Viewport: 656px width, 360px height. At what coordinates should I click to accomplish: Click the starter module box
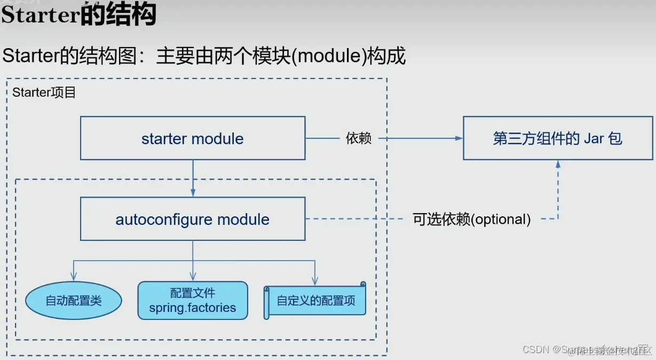pos(193,138)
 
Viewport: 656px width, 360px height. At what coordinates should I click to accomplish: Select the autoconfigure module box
pos(193,219)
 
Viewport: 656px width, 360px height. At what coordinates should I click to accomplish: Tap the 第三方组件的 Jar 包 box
pos(558,139)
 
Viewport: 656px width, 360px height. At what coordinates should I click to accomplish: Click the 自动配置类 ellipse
pos(74,301)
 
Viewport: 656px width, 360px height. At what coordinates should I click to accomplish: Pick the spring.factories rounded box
pos(193,301)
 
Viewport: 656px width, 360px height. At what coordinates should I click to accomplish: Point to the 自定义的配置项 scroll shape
pos(315,301)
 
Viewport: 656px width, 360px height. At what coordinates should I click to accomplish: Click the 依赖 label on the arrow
pos(359,139)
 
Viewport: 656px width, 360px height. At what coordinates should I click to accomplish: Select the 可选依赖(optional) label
pos(472,219)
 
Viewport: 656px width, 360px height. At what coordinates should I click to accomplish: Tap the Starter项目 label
pos(44,92)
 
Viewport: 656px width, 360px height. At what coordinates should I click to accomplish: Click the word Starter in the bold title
pos(41,15)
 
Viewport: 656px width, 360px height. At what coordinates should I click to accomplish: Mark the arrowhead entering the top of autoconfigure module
pos(193,193)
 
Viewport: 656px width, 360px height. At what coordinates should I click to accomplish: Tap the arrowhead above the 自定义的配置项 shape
pos(315,279)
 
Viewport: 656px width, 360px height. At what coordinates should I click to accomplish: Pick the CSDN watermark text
pos(536,349)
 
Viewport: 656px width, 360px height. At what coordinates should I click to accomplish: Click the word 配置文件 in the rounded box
pos(193,293)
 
